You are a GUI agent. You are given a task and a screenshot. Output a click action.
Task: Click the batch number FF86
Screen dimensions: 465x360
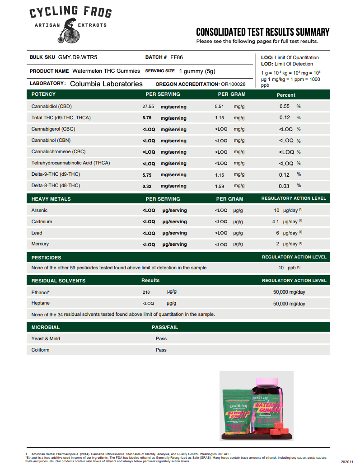[x=177, y=57]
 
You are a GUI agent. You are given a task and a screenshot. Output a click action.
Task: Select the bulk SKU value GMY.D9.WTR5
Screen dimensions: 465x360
[x=78, y=57]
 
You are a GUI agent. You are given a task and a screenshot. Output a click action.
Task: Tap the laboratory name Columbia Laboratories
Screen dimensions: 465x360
[x=106, y=84]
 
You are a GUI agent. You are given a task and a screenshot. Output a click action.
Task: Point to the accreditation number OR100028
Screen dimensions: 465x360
[x=233, y=84]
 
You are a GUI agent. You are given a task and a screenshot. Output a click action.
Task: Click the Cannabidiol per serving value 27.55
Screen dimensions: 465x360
[x=148, y=107]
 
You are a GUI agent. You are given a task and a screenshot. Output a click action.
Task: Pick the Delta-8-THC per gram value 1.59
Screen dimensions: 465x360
[x=220, y=186]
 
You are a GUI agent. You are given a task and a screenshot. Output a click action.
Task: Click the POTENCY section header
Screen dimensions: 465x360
[x=43, y=94]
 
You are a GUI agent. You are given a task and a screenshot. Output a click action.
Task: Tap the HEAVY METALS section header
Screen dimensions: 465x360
[x=51, y=199]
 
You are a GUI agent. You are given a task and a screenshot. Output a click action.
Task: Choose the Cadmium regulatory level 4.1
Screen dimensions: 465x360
[x=276, y=222]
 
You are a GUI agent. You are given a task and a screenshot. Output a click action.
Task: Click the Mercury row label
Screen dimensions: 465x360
[x=40, y=244]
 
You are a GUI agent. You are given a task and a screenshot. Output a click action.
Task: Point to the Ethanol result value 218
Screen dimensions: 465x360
[x=146, y=292]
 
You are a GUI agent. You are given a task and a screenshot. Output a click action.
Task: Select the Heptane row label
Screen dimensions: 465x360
[x=41, y=303]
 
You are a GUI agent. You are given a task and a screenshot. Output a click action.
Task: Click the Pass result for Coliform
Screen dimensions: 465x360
[x=161, y=350]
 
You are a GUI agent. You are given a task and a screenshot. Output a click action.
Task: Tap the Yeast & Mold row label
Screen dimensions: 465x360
[x=46, y=338]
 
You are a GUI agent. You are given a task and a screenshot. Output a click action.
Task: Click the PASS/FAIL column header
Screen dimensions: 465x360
[x=165, y=327]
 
